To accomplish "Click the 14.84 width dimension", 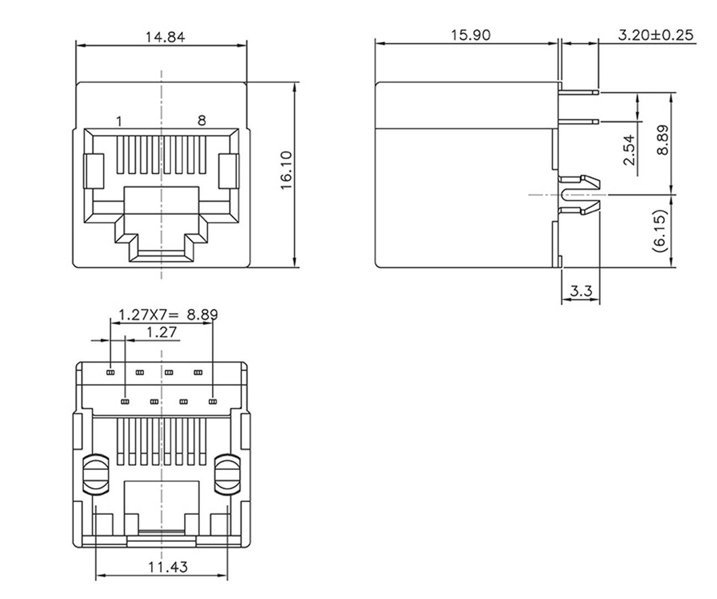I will [x=165, y=37].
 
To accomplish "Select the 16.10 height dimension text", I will [x=286, y=174].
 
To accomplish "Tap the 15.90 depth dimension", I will [x=470, y=35].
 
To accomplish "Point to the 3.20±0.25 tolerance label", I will [x=655, y=35].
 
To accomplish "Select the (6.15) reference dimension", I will [x=659, y=231].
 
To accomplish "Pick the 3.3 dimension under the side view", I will [x=581, y=291].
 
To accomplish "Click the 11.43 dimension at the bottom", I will [x=167, y=567].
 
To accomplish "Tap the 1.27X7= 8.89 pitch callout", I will [x=168, y=315].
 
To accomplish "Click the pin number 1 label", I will [x=119, y=121].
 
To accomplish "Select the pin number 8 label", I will [x=202, y=120].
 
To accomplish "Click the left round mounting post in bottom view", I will [x=97, y=474].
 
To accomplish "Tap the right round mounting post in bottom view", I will [x=227, y=474].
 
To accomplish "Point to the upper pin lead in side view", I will [x=579, y=92].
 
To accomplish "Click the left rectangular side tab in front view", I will [x=94, y=172].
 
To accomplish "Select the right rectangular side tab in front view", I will [x=228, y=172].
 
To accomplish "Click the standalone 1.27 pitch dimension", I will [x=161, y=332].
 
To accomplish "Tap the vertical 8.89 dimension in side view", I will [x=662, y=140].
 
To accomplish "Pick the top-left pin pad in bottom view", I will [x=110, y=372].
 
